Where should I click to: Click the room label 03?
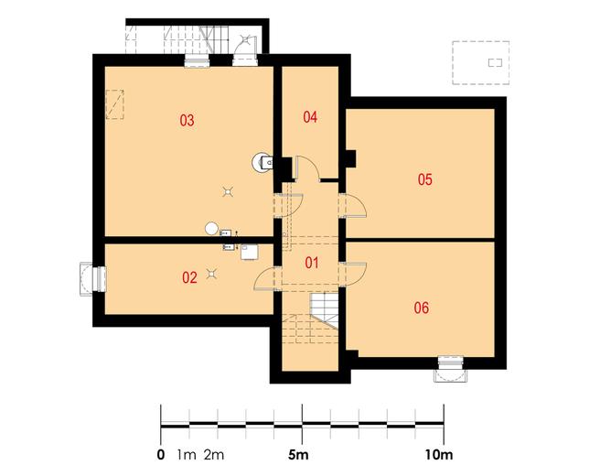[x=187, y=120]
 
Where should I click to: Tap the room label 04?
[x=310, y=117]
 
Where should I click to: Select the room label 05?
[x=424, y=179]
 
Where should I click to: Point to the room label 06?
[x=422, y=308]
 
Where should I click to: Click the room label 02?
[x=189, y=277]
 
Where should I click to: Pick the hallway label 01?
[x=312, y=263]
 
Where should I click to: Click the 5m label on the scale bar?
[x=298, y=455]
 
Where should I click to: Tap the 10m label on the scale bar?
[x=438, y=455]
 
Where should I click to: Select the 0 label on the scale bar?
[x=161, y=455]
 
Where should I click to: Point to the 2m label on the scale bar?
[x=214, y=455]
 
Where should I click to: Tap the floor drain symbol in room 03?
[x=228, y=191]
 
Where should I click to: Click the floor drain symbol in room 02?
[x=211, y=274]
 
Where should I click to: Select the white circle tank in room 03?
[x=211, y=229]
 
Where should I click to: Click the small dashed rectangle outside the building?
[x=495, y=62]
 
